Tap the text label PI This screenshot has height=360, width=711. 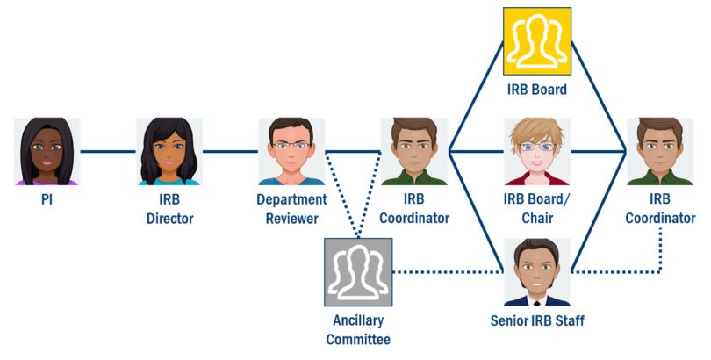pyautogui.click(x=47, y=199)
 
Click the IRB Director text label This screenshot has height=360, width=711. pyautogui.click(x=169, y=208)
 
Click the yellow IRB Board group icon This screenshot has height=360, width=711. pyautogui.click(x=537, y=41)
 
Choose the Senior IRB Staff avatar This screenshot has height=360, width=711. pyautogui.click(x=537, y=271)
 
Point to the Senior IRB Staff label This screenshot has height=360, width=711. pyautogui.click(x=537, y=320)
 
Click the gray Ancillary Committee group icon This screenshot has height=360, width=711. pyautogui.click(x=357, y=271)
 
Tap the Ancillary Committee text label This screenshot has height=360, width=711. pyautogui.click(x=358, y=329)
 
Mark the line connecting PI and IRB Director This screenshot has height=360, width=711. pyautogui.click(x=108, y=152)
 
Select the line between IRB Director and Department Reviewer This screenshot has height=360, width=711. pyautogui.click(x=230, y=152)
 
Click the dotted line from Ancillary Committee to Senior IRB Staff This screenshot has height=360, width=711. pyautogui.click(x=448, y=271)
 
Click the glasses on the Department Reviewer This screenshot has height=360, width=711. pyautogui.click(x=291, y=145)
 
